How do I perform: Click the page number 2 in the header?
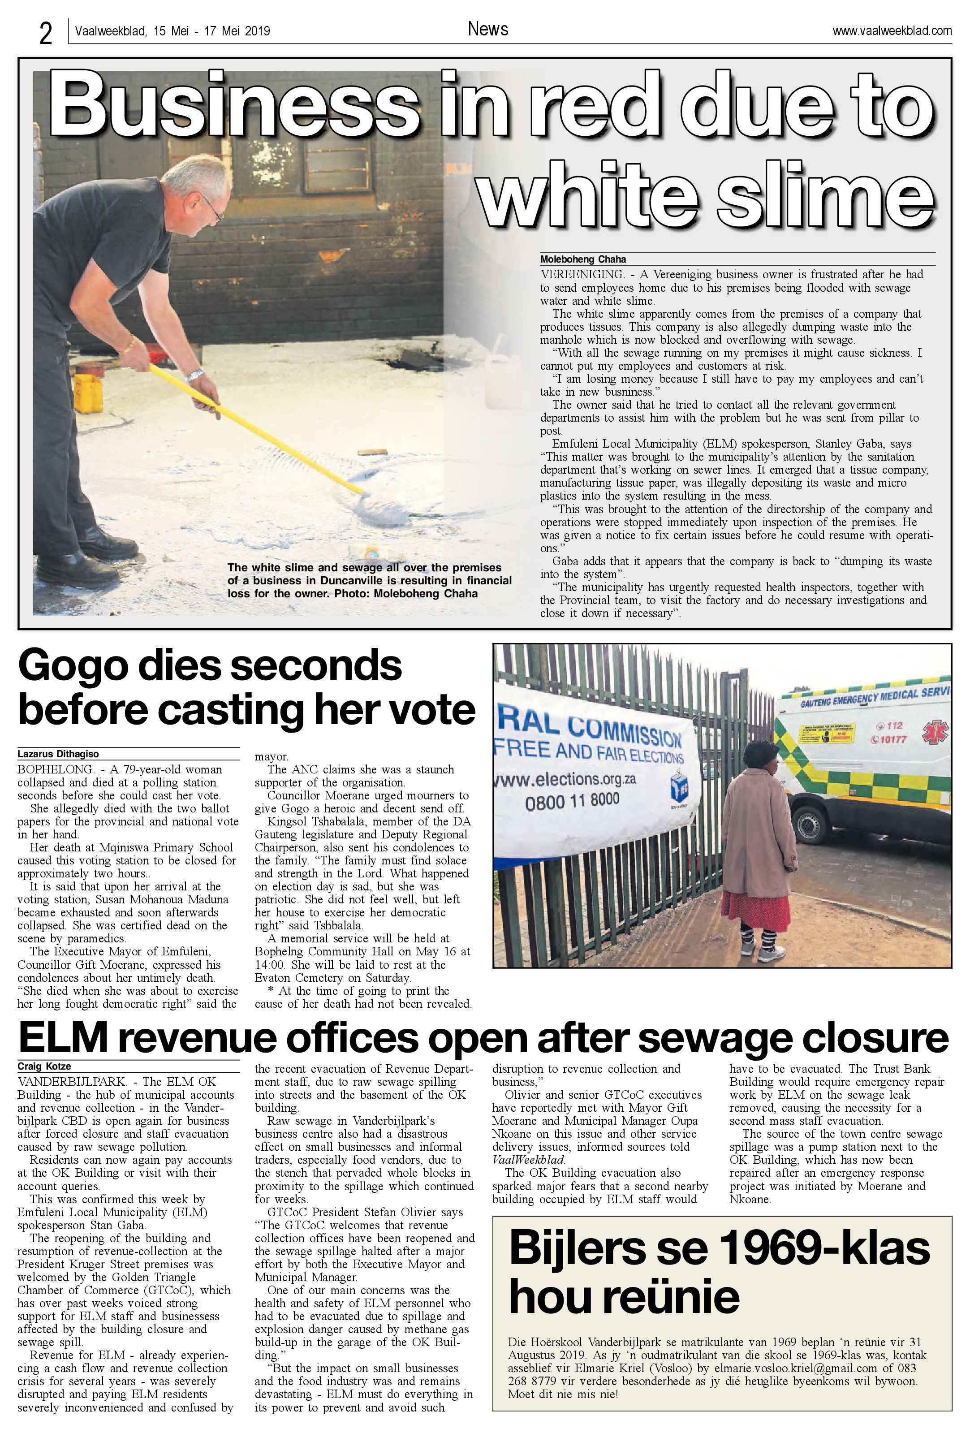[46, 32]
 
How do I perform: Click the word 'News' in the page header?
[487, 29]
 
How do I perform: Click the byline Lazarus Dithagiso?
[58, 754]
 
